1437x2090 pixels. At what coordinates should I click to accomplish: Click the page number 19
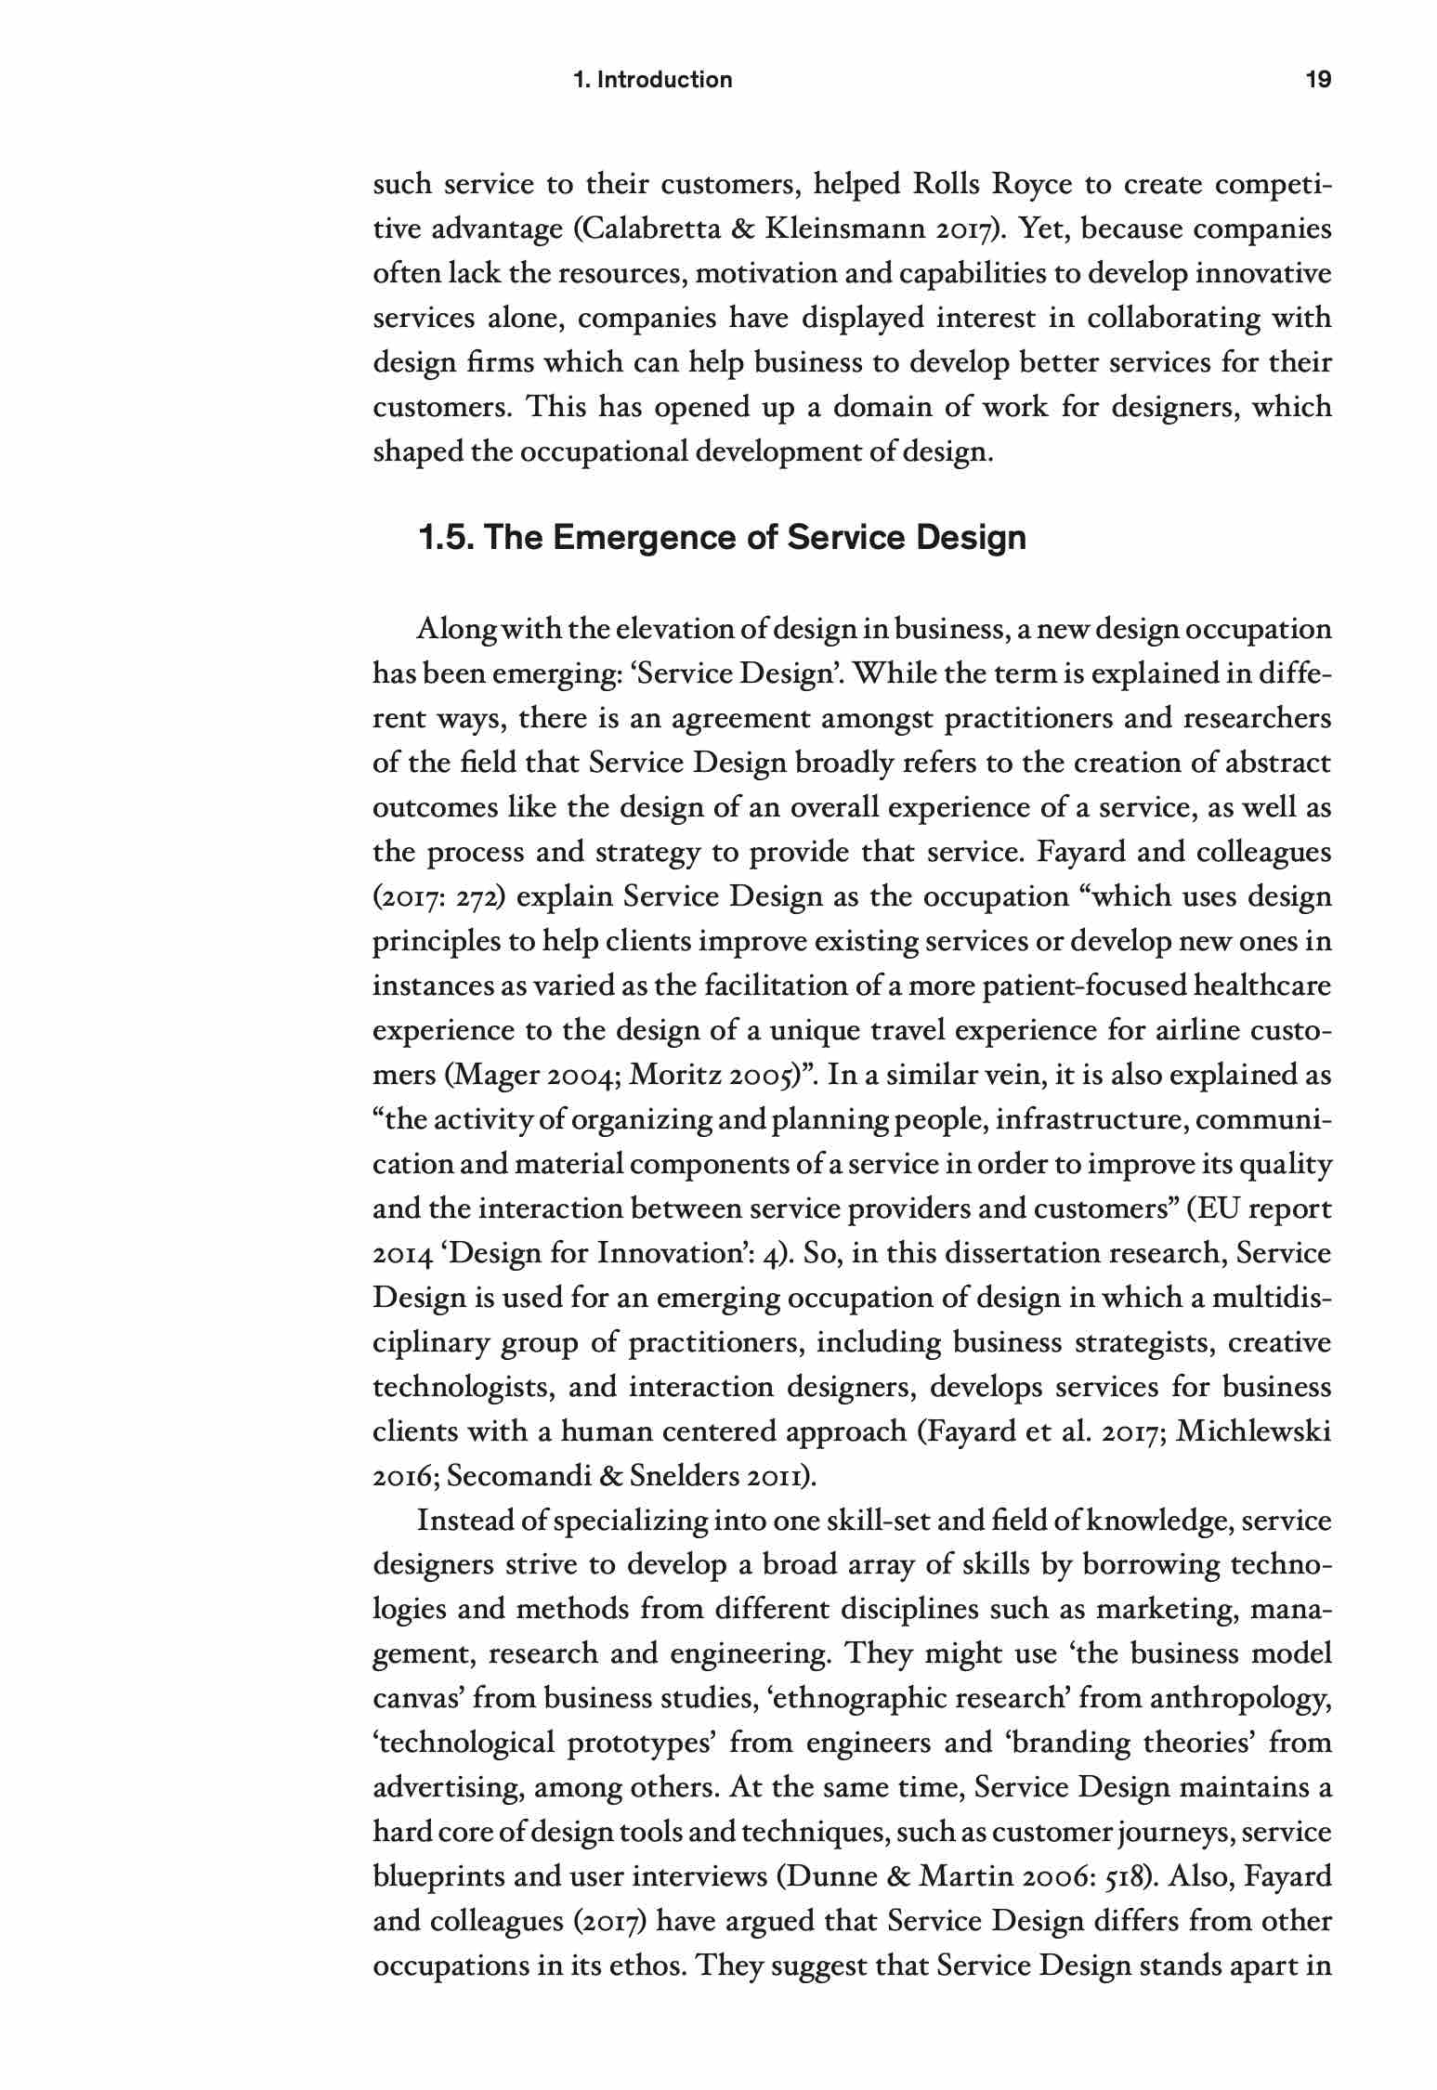1318,80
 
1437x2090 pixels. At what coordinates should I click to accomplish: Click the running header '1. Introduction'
653,80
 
